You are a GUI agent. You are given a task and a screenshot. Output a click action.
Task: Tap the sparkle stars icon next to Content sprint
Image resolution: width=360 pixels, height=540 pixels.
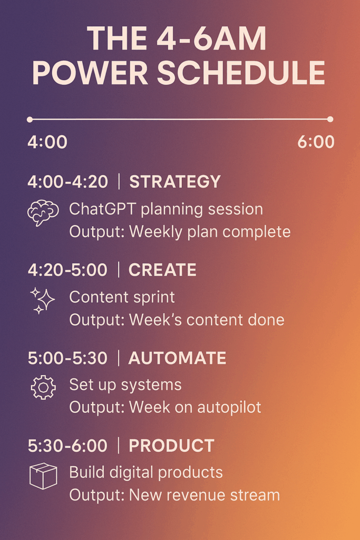pyautogui.click(x=42, y=301)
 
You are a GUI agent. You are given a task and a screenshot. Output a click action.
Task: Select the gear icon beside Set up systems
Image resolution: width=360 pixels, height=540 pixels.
pyautogui.click(x=43, y=388)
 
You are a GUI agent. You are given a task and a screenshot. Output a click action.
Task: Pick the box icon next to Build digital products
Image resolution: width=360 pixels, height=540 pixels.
pyautogui.click(x=42, y=476)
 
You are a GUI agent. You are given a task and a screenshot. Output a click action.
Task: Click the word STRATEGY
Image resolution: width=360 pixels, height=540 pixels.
pyautogui.click(x=175, y=182)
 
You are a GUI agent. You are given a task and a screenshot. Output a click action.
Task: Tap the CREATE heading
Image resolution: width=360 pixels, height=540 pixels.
pyautogui.click(x=162, y=270)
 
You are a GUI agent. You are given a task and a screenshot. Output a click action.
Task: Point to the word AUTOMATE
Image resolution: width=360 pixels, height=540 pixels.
pyautogui.click(x=177, y=358)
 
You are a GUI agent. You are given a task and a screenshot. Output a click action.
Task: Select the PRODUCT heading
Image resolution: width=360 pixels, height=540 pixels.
pyautogui.click(x=171, y=446)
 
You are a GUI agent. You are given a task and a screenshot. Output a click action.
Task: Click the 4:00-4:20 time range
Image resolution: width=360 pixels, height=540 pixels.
pyautogui.click(x=67, y=182)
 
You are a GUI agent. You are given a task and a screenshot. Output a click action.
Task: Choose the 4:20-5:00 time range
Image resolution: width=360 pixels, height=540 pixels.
pyautogui.click(x=67, y=270)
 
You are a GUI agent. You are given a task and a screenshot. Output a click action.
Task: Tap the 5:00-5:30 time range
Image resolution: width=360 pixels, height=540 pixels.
pyautogui.click(x=67, y=358)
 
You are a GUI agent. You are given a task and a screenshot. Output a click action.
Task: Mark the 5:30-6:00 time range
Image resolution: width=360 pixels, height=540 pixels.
pyautogui.click(x=67, y=446)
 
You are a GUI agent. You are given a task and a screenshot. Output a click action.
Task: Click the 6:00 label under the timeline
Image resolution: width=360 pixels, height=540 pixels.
pyautogui.click(x=316, y=142)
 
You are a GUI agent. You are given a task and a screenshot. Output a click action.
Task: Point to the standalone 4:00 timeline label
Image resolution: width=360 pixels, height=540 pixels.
pyautogui.click(x=47, y=142)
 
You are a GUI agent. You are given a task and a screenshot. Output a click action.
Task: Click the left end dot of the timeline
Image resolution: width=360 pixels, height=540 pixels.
pyautogui.click(x=30, y=120)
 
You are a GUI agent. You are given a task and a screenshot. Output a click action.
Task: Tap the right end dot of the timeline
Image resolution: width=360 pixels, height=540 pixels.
pyautogui.click(x=330, y=119)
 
